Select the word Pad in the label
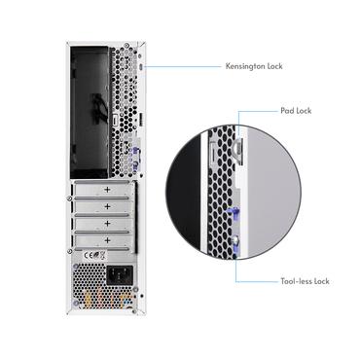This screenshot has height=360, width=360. (287, 111)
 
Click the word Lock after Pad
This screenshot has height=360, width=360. (304, 111)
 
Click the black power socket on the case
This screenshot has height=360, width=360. (123, 276)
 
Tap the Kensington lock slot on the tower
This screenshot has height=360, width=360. (144, 67)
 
